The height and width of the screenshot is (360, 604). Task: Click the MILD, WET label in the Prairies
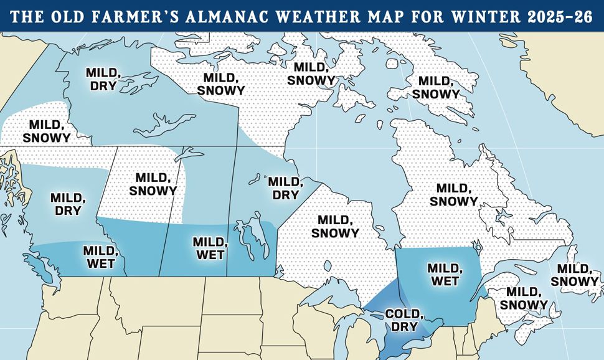point(209,247)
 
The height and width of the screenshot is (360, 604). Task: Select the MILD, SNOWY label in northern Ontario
point(338,227)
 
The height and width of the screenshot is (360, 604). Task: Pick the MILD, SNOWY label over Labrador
point(454,194)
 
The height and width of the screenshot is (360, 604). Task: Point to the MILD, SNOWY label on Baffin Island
point(436,88)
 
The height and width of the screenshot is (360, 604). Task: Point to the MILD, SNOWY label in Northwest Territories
point(221,83)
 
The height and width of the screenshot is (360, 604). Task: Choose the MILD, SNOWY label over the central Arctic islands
point(311,73)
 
